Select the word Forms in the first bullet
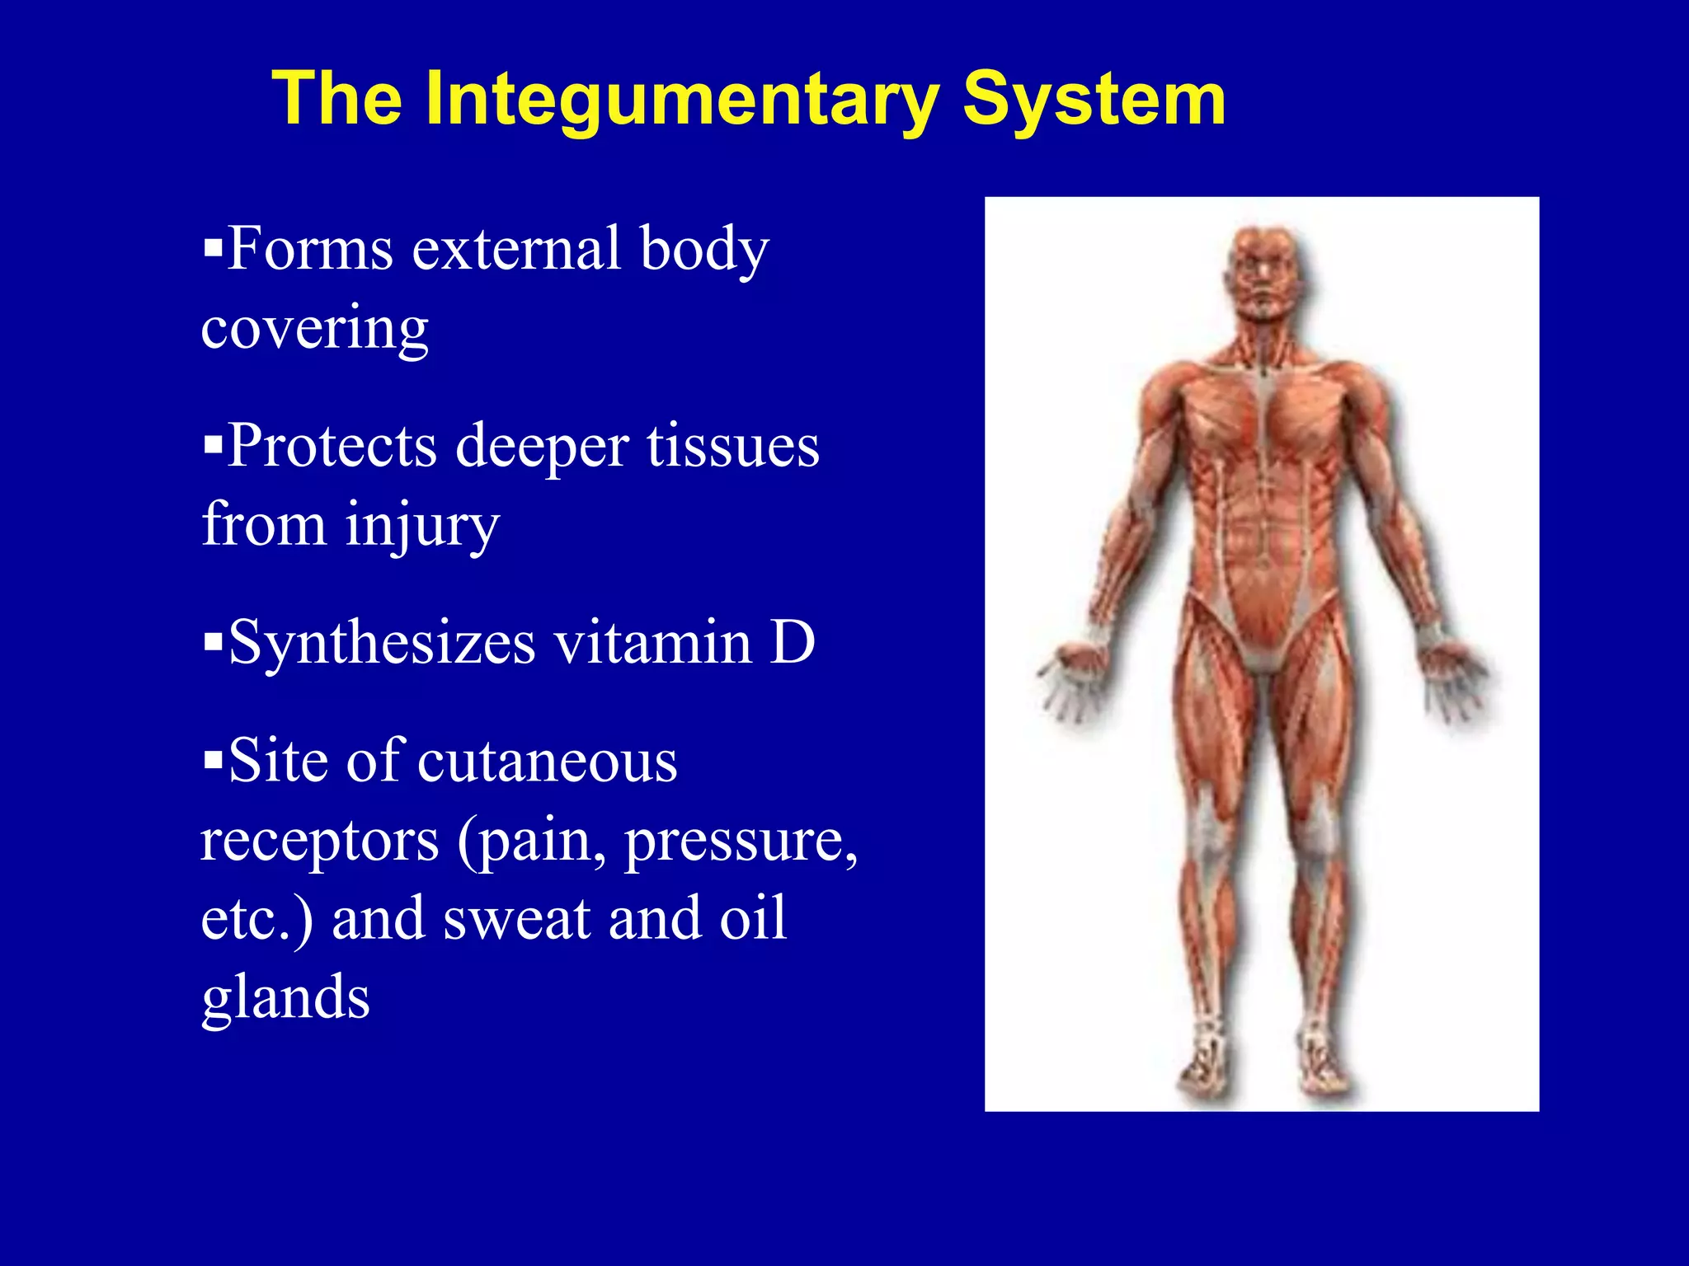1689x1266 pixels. [310, 249]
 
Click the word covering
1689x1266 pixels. [315, 328]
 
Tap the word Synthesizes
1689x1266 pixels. [382, 643]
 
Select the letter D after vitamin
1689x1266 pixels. [793, 643]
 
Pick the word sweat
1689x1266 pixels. [517, 918]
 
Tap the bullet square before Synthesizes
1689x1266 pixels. [213, 640]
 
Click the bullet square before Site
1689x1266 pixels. [213, 757]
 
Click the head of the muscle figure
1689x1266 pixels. [1265, 272]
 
